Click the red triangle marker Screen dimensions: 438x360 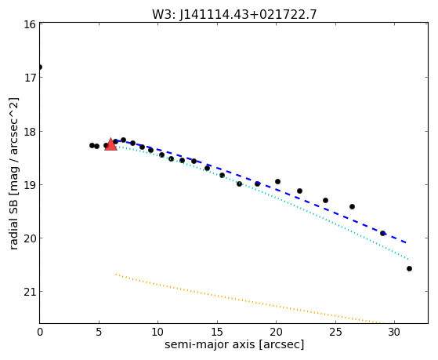110,144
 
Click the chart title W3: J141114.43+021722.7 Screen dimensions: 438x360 234,15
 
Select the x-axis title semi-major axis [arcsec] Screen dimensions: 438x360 234,344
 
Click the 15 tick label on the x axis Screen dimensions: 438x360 217,332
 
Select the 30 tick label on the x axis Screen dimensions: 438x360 394,332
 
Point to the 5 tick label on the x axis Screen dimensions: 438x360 99,332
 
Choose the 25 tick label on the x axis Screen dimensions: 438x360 335,332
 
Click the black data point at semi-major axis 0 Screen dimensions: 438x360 40,67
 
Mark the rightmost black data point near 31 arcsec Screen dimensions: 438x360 409,268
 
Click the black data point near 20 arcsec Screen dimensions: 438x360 277,181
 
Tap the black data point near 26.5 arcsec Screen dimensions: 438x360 352,207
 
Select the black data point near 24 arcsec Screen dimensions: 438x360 325,200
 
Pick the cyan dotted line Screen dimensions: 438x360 260,191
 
